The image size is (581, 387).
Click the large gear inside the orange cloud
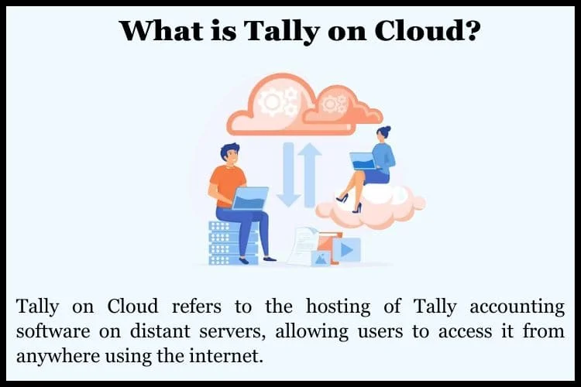tap(273, 101)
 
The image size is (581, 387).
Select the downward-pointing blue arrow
tap(289, 175)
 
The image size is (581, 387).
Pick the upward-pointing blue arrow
tap(309, 175)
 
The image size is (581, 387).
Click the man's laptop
tap(249, 198)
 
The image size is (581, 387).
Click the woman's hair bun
tap(387, 129)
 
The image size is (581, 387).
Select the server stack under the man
tap(233, 242)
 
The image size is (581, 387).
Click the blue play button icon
tap(346, 249)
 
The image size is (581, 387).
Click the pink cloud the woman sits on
tap(370, 207)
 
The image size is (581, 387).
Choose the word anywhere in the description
tap(58, 357)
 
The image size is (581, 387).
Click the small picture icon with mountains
tap(321, 259)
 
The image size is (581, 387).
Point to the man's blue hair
tap(230, 149)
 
